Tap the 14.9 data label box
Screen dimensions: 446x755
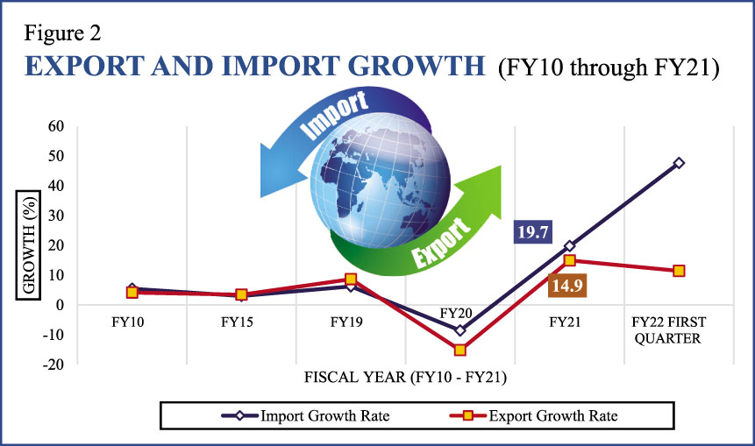coord(567,284)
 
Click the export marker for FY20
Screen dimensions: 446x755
coord(459,350)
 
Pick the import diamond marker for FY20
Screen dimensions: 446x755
coord(459,330)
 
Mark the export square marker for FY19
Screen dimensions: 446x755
coord(350,280)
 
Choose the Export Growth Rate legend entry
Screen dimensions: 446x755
coord(544,415)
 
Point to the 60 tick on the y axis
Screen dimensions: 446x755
coord(55,126)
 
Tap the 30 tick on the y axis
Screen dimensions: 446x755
coord(55,216)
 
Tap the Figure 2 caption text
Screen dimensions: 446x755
coord(63,34)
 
